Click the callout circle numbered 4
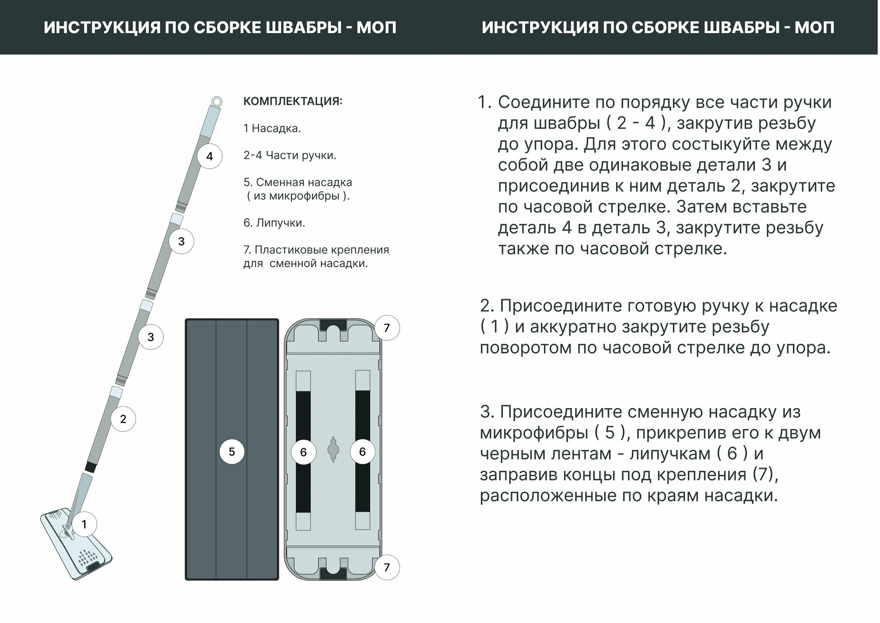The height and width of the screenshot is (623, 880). coord(209,156)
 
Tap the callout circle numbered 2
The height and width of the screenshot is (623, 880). coord(123,419)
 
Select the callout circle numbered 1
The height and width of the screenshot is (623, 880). coord(84,524)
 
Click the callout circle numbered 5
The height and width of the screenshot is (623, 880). coord(232,452)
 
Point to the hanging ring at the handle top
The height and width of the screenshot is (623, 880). coord(216,101)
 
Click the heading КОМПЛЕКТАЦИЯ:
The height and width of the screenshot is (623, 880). coord(293,102)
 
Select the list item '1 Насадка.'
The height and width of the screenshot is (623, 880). coord(272,128)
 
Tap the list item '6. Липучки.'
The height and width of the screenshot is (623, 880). coord(274,223)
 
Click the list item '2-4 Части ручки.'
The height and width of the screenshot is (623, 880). coord(290,155)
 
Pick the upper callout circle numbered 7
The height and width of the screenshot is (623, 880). coord(387,328)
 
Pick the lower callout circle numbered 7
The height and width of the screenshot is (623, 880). coord(387,567)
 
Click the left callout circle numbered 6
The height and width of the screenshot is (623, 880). coord(303,452)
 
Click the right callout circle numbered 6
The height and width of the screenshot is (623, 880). coord(362,452)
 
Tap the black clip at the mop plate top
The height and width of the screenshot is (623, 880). coord(333,326)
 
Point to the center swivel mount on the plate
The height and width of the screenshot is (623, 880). coord(333,449)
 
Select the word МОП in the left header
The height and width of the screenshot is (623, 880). coord(376,28)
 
